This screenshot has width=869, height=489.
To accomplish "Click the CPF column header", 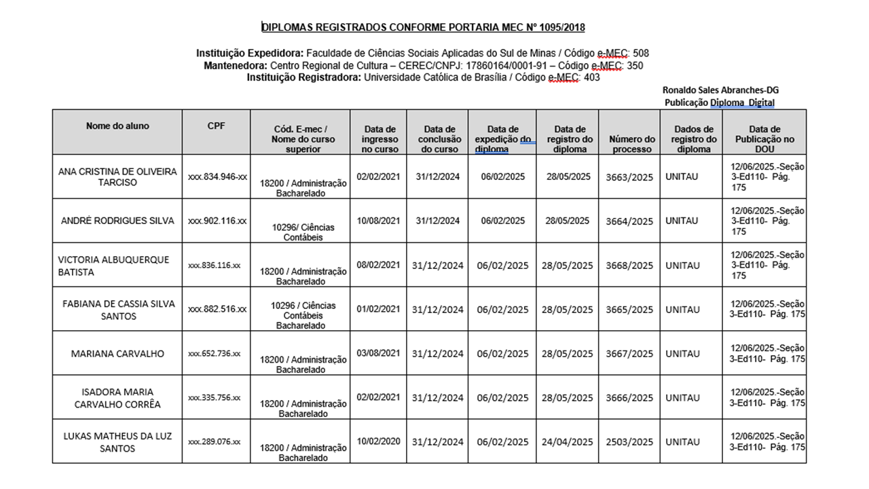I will click(x=216, y=126).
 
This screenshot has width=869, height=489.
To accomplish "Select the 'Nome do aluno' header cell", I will click(x=117, y=126).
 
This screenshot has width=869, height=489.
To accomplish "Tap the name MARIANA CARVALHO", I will click(x=117, y=354).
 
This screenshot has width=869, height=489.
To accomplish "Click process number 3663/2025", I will click(x=629, y=177).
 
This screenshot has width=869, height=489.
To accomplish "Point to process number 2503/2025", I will click(x=629, y=442).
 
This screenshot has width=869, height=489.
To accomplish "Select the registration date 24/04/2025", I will click(x=568, y=442).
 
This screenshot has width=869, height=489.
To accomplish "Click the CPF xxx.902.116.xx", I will click(x=217, y=221).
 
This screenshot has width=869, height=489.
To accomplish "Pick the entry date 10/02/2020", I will click(x=378, y=441).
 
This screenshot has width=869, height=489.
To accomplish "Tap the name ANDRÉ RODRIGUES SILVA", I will click(x=117, y=221).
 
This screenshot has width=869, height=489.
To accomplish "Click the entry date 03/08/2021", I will click(x=378, y=352).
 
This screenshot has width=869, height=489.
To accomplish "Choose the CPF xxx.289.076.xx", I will click(x=215, y=442).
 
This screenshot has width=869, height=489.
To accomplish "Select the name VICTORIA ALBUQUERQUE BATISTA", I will click(x=114, y=266).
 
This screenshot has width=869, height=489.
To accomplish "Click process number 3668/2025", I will click(x=629, y=266).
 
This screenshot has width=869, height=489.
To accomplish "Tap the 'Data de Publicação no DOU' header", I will click(x=764, y=139).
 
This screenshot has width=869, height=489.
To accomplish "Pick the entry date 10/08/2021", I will click(x=378, y=220).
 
